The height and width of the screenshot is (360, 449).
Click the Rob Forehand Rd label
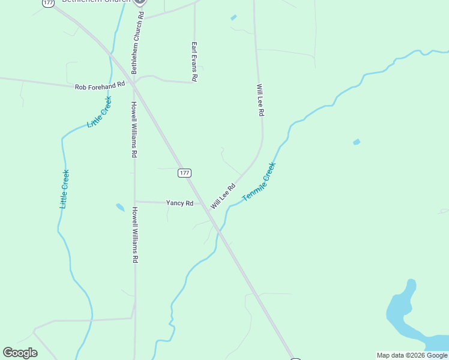click(100, 86)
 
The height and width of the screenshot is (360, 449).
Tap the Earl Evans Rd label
click(194, 62)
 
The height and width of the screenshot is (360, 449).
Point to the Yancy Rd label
click(179, 203)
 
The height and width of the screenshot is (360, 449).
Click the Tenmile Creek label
click(259, 182)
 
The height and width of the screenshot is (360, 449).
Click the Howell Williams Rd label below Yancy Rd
click(136, 235)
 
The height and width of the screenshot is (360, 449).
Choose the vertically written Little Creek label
click(64, 189)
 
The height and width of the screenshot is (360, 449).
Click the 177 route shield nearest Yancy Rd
click(184, 173)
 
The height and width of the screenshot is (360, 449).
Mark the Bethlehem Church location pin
click(140, 2)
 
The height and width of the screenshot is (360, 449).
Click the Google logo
click(20, 353)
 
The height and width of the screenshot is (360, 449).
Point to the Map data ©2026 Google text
click(412, 355)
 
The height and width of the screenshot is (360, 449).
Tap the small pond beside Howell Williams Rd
click(120, 208)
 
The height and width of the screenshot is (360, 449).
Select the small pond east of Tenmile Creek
click(357, 142)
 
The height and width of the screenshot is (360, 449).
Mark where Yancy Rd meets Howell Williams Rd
click(135, 202)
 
